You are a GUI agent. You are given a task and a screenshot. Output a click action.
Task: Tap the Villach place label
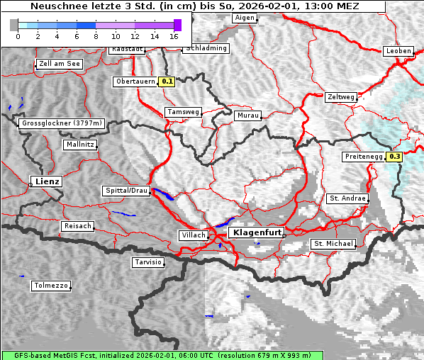[193, 235]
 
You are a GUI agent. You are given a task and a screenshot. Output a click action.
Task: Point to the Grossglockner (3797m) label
[62, 123]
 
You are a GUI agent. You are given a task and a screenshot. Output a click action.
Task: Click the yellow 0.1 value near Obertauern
[167, 81]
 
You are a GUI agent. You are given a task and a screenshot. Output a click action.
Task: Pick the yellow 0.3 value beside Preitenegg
[394, 157]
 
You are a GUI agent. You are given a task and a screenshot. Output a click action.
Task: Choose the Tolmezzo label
[51, 286]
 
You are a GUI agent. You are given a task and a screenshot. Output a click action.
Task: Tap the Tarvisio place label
[148, 262]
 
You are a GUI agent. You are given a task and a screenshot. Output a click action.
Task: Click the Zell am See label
[59, 64]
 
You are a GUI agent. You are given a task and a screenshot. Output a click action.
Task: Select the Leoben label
[398, 51]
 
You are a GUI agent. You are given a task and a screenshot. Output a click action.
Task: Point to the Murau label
[248, 115]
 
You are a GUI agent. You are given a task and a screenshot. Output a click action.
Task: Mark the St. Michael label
[333, 244]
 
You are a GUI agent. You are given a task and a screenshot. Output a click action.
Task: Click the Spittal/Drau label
[127, 191]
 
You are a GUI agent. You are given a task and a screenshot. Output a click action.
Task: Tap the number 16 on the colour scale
[174, 35]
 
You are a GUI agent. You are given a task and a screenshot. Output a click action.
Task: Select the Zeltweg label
[341, 97]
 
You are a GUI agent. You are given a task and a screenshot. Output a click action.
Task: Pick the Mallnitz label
[79, 145]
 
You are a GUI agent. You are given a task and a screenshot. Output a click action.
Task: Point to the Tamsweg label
[183, 112]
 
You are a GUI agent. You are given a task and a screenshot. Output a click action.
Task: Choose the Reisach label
[78, 226]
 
